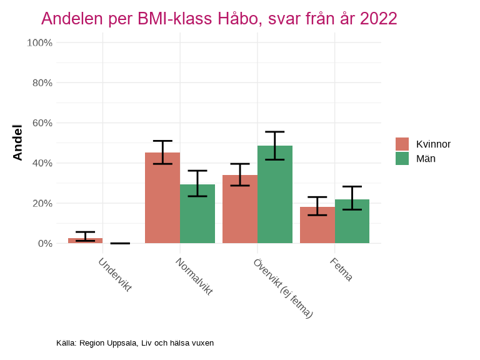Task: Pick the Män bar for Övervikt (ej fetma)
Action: click(275, 194)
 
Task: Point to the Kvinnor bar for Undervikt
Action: click(85, 241)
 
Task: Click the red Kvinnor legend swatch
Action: click(402, 144)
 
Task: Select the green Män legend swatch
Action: click(402, 159)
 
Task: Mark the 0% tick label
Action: click(44, 243)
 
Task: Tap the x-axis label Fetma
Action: click(341, 269)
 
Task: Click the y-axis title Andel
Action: click(18, 142)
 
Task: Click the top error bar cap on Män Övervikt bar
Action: click(275, 132)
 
